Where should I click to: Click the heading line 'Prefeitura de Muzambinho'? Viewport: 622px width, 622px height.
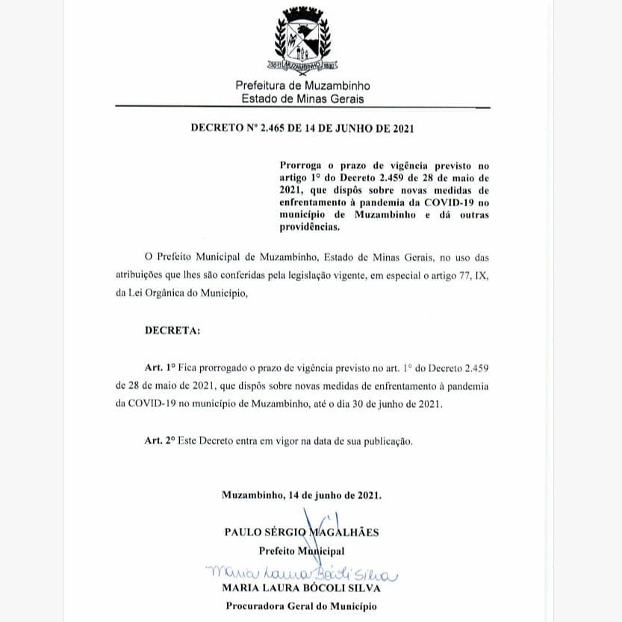pos(302,87)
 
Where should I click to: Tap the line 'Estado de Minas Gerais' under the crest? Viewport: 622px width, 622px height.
pos(302,99)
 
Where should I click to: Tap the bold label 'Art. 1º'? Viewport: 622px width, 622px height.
pos(160,368)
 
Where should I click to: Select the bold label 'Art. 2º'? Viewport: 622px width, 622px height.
pos(160,441)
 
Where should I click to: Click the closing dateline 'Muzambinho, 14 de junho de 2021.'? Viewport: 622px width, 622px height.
pos(302,495)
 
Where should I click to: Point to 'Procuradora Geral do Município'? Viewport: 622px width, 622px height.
pos(302,606)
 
